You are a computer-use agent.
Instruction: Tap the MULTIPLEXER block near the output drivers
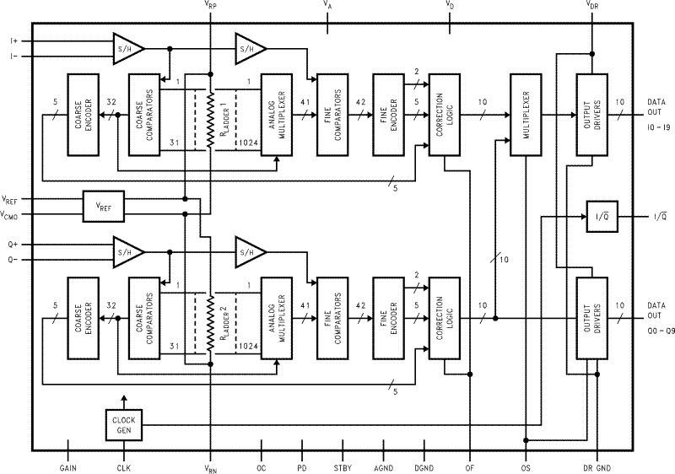pyautogui.click(x=526, y=114)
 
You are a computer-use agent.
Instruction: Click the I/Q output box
pyautogui.click(x=603, y=218)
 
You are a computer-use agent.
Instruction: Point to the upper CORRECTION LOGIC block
pyautogui.click(x=444, y=114)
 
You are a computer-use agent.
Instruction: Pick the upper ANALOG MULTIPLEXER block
pyautogui.click(x=277, y=114)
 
